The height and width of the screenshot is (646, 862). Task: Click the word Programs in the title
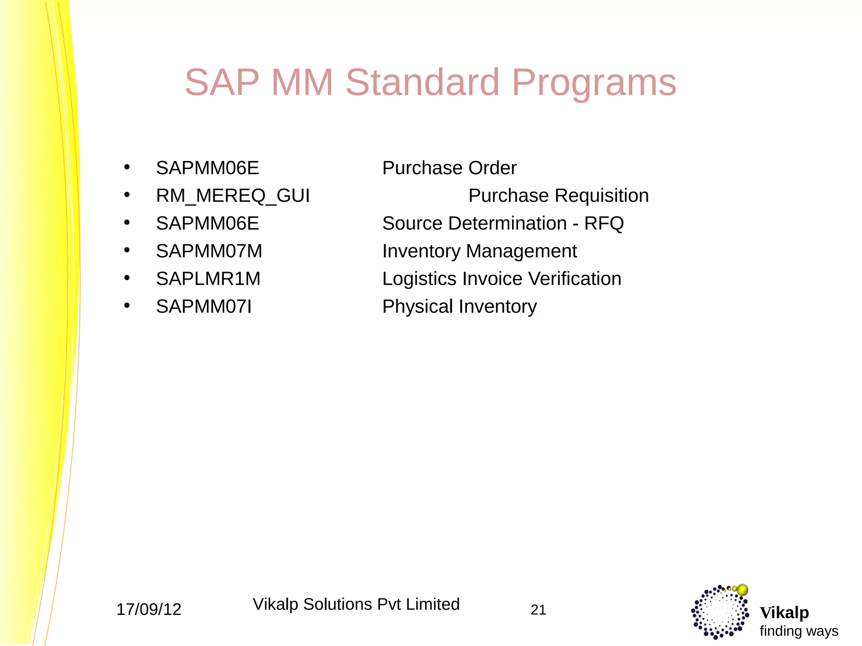coord(594,83)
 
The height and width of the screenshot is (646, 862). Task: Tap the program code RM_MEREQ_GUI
coord(233,196)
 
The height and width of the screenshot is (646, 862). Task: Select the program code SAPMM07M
coord(209,251)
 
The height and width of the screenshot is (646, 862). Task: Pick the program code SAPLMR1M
coord(208,279)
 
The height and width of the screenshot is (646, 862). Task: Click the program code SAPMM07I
coord(204,307)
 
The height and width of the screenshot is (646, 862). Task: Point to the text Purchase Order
coord(449,168)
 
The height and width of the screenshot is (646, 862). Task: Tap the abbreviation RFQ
coord(604,223)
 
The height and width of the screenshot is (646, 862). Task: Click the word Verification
coord(575,279)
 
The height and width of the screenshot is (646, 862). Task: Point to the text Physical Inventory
coord(459,307)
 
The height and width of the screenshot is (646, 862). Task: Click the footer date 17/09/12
coord(149,609)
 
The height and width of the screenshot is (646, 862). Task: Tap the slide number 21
coord(538,610)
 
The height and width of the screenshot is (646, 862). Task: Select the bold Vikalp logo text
coord(784,613)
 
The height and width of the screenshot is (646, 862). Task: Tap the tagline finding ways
coord(798,631)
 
